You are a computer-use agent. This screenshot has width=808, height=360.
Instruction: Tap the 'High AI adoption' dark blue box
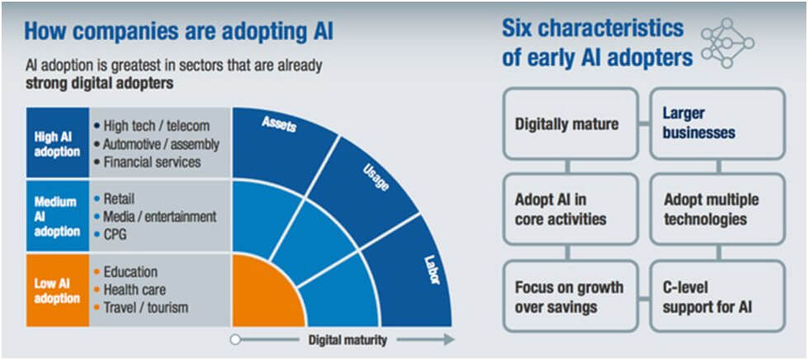(57, 144)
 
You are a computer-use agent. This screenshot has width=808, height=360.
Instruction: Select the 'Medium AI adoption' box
(57, 216)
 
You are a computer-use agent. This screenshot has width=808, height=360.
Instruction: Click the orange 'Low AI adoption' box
(57, 290)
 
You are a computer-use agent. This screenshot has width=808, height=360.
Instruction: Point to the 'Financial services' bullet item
(151, 162)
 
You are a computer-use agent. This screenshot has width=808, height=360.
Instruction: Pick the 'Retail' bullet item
(119, 198)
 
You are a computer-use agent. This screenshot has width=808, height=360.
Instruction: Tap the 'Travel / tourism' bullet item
(145, 308)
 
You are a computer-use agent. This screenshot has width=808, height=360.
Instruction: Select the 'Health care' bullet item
(134, 290)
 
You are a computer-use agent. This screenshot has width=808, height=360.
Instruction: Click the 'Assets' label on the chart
(280, 124)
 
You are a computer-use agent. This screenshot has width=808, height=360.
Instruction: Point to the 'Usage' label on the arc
(376, 177)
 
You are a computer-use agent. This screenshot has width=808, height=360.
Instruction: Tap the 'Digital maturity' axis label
(347, 339)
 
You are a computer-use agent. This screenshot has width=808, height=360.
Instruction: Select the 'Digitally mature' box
(568, 124)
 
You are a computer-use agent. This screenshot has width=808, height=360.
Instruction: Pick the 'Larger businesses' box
(716, 124)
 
